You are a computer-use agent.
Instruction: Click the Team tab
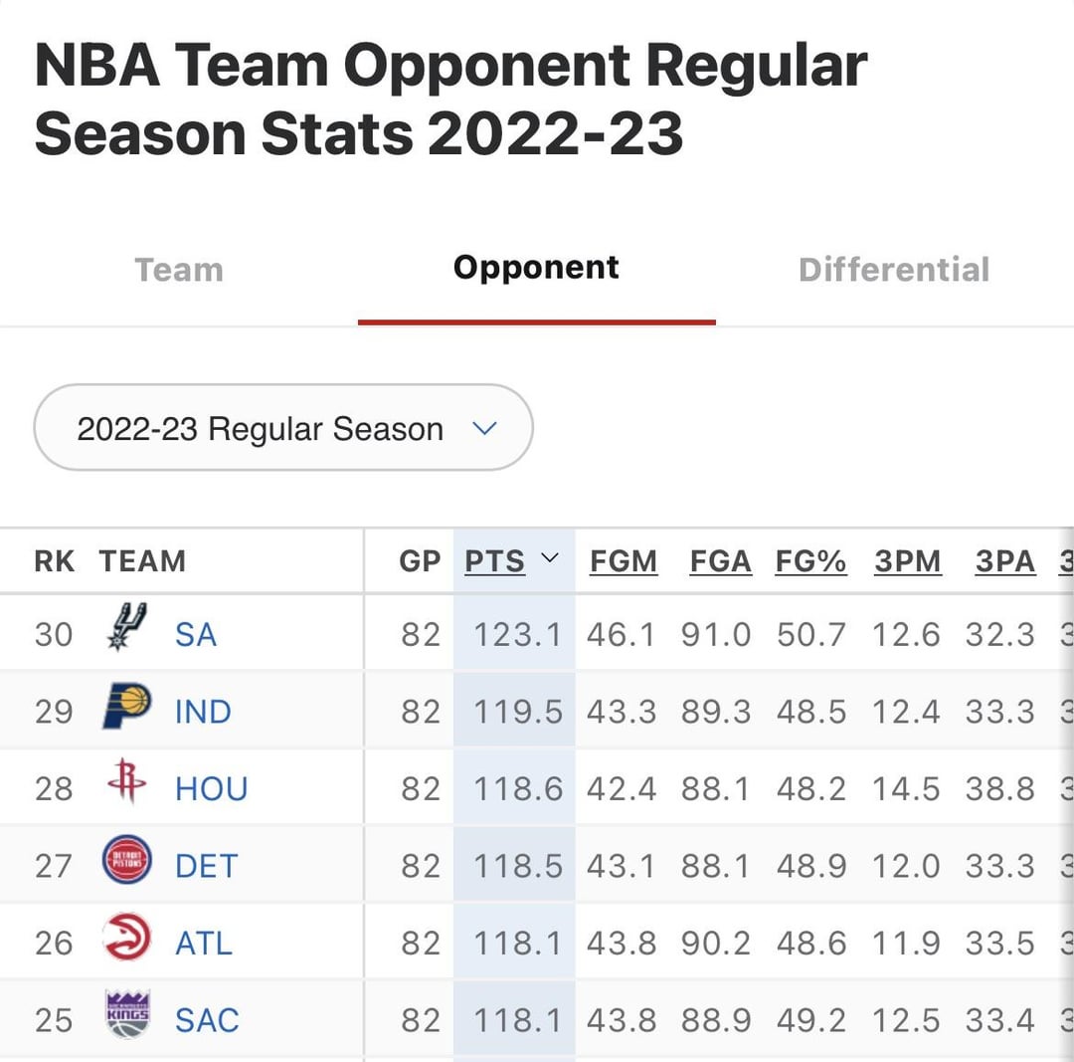click(x=179, y=270)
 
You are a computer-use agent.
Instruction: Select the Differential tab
click(x=894, y=270)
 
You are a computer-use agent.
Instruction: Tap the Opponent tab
click(x=536, y=268)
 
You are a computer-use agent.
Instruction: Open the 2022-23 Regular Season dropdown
click(x=283, y=428)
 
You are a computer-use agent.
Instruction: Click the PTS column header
click(x=495, y=561)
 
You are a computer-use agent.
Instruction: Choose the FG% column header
click(x=810, y=561)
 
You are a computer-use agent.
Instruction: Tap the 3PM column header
click(x=907, y=561)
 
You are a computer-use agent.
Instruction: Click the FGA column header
click(x=720, y=561)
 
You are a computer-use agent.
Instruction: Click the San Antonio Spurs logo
click(x=127, y=627)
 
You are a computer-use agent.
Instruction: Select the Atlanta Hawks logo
click(x=127, y=938)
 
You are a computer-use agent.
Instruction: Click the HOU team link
click(x=211, y=788)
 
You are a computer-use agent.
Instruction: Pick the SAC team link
click(x=207, y=1020)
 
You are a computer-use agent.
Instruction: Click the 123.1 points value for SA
click(x=517, y=635)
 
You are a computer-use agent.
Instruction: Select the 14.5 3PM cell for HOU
click(x=906, y=788)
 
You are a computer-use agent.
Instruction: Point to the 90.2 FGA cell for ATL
click(x=716, y=943)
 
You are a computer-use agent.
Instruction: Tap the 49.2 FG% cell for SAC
click(x=811, y=1020)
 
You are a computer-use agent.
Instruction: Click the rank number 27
click(x=54, y=866)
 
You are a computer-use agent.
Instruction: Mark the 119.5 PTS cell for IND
click(x=517, y=712)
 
